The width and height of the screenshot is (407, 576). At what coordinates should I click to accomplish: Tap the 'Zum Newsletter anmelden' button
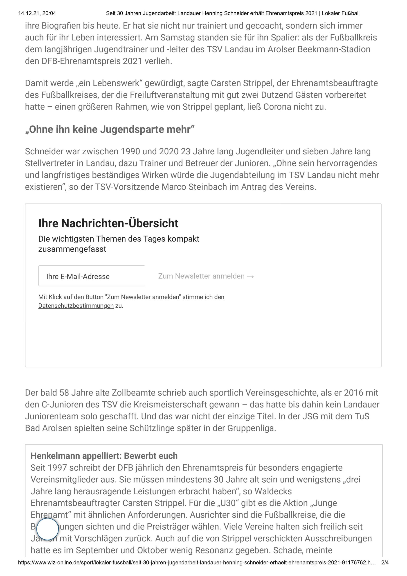(x=206, y=276)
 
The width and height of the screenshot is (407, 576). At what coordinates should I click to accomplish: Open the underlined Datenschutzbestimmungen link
(x=76, y=306)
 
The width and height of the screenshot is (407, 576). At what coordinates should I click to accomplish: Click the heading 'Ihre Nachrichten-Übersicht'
(x=108, y=223)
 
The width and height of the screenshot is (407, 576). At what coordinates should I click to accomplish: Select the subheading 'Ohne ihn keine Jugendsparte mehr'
(x=110, y=129)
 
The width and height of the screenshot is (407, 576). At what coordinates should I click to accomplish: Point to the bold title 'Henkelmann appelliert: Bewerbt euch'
(x=104, y=456)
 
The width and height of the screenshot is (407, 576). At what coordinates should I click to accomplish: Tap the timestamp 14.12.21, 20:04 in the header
(x=37, y=13)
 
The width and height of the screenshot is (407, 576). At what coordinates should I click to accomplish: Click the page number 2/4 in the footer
(x=385, y=569)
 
